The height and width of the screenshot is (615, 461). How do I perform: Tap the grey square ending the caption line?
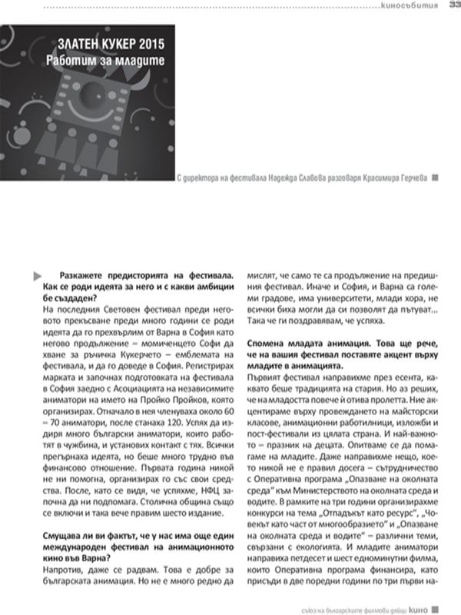436,177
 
